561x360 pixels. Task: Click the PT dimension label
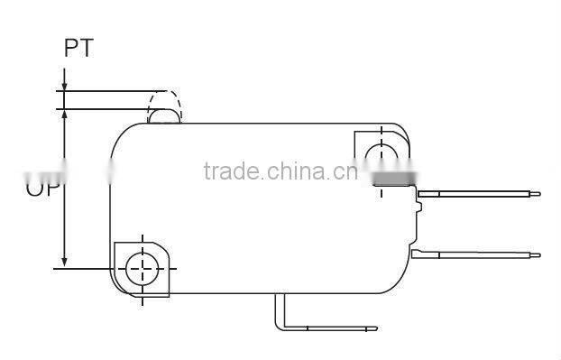pyautogui.click(x=78, y=49)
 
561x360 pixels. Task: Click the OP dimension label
pyautogui.click(x=41, y=188)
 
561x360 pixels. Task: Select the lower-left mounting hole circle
pyautogui.click(x=142, y=267)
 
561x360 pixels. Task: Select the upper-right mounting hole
pyautogui.click(x=385, y=153)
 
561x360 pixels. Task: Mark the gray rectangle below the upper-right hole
pyautogui.click(x=392, y=179)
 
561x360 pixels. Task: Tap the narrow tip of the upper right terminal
pyautogui.click(x=537, y=193)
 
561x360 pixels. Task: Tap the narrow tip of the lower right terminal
pyautogui.click(x=537, y=254)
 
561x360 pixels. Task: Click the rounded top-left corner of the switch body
pyautogui.click(x=123, y=135)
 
